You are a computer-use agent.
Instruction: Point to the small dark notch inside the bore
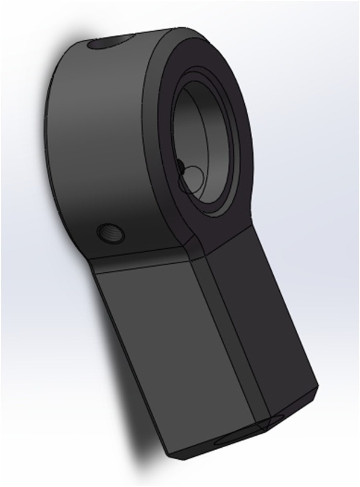click(180, 167)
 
